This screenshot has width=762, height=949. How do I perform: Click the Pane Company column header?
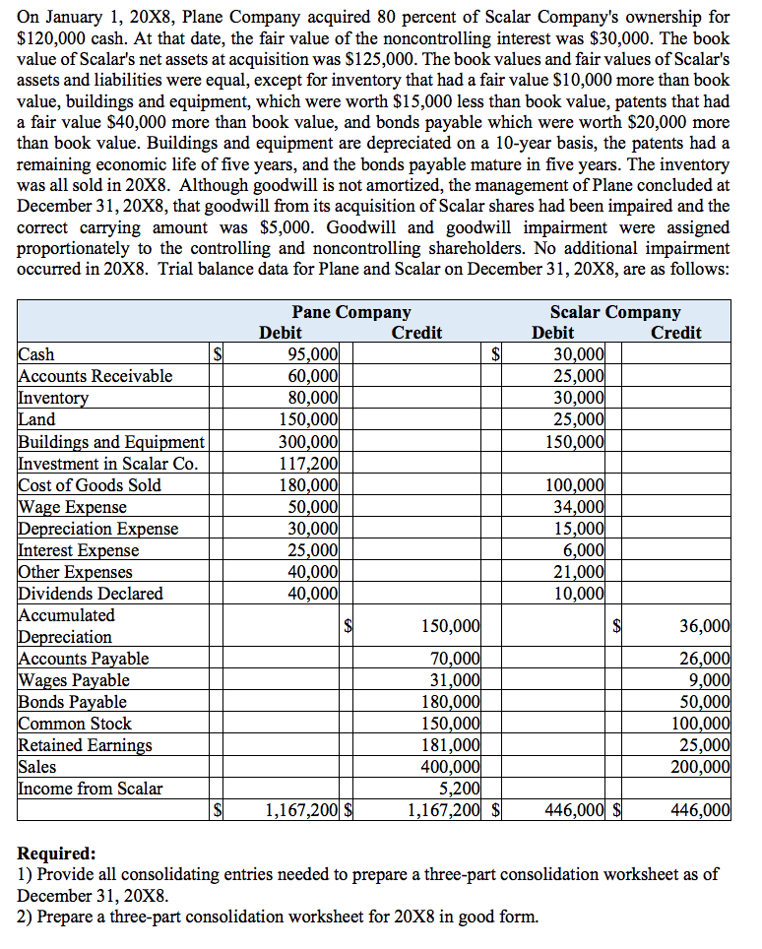pyautogui.click(x=351, y=312)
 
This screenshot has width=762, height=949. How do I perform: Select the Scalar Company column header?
pyautogui.click(x=614, y=312)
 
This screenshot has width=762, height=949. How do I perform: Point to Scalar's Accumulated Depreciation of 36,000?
pyautogui.click(x=705, y=625)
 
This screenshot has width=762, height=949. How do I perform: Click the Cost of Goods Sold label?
pyautogui.click(x=90, y=484)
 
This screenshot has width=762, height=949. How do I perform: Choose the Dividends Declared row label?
pyautogui.click(x=91, y=593)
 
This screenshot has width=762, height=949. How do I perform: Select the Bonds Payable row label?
pyautogui.click(x=73, y=701)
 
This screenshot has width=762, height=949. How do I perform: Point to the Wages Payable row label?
pyautogui.click(x=74, y=679)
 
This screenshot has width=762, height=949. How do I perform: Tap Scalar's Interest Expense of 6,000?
pyautogui.click(x=586, y=549)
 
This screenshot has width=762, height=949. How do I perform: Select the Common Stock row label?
pyautogui.click(x=75, y=723)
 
